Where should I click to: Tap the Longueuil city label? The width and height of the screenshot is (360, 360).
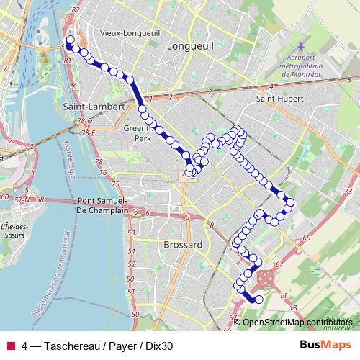click(186, 45)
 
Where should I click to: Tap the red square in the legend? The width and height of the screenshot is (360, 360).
click(11, 345)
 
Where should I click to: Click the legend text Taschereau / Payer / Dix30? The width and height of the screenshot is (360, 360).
click(97, 345)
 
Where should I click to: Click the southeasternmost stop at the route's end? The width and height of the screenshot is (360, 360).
click(258, 300)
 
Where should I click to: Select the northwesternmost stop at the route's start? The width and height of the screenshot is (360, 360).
click(70, 40)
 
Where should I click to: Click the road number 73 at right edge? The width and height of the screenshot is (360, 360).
click(348, 189)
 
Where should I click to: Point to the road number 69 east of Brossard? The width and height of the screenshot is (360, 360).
click(306, 238)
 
